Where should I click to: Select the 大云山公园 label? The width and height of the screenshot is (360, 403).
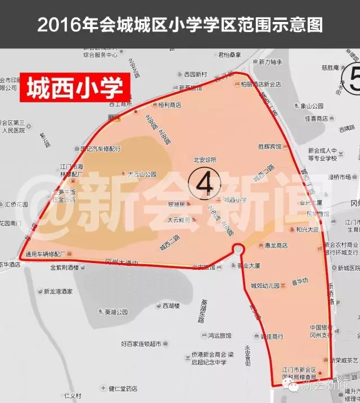142,174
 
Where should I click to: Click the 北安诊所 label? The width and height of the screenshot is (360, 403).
205,160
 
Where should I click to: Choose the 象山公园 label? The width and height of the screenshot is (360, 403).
313,106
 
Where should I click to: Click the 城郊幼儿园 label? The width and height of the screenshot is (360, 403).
265,286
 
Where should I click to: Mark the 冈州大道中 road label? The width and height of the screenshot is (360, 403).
122,260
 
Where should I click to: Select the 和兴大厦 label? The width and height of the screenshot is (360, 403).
308,229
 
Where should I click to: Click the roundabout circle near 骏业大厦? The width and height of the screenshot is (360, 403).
238,249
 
